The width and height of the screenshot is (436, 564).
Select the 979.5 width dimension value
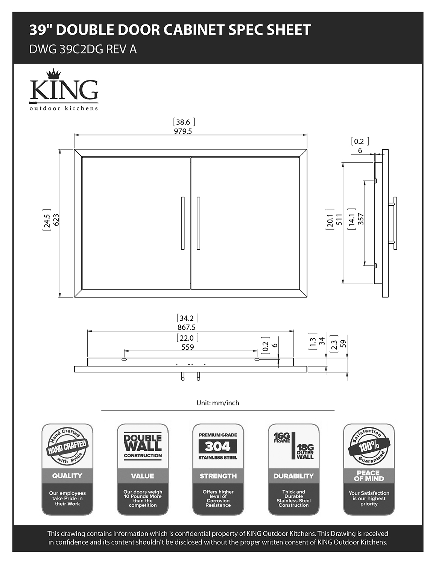pyautogui.click(x=183, y=131)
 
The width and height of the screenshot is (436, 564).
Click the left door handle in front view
pyautogui.click(x=182, y=223)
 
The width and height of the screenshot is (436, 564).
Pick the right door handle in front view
pyautogui.click(x=198, y=223)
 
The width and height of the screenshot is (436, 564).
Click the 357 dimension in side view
pyautogui.click(x=360, y=219)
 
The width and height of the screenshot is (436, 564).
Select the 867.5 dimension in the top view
pyautogui.click(x=187, y=327)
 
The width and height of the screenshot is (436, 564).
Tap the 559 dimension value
pyautogui.click(x=187, y=347)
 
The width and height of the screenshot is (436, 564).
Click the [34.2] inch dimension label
pyautogui.click(x=187, y=318)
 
